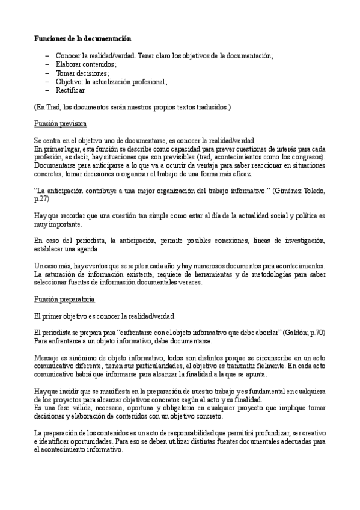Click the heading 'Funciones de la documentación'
(x=82, y=38)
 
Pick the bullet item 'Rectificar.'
(x=71, y=90)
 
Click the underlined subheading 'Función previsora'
(x=60, y=124)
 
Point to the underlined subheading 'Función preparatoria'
(x=64, y=300)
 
